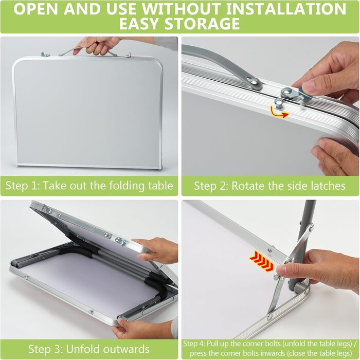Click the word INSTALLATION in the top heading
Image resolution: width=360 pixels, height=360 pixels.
pos(286,9)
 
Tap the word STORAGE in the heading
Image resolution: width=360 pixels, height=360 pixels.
pos(202,24)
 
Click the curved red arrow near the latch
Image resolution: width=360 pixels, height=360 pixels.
pos(279,112)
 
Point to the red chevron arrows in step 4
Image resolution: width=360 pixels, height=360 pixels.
pos(261,261)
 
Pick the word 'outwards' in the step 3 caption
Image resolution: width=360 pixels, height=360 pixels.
pos(126,349)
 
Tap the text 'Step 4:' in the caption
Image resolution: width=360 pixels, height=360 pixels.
pos(194,344)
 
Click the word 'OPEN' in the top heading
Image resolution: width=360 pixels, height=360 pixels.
pos(36,9)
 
